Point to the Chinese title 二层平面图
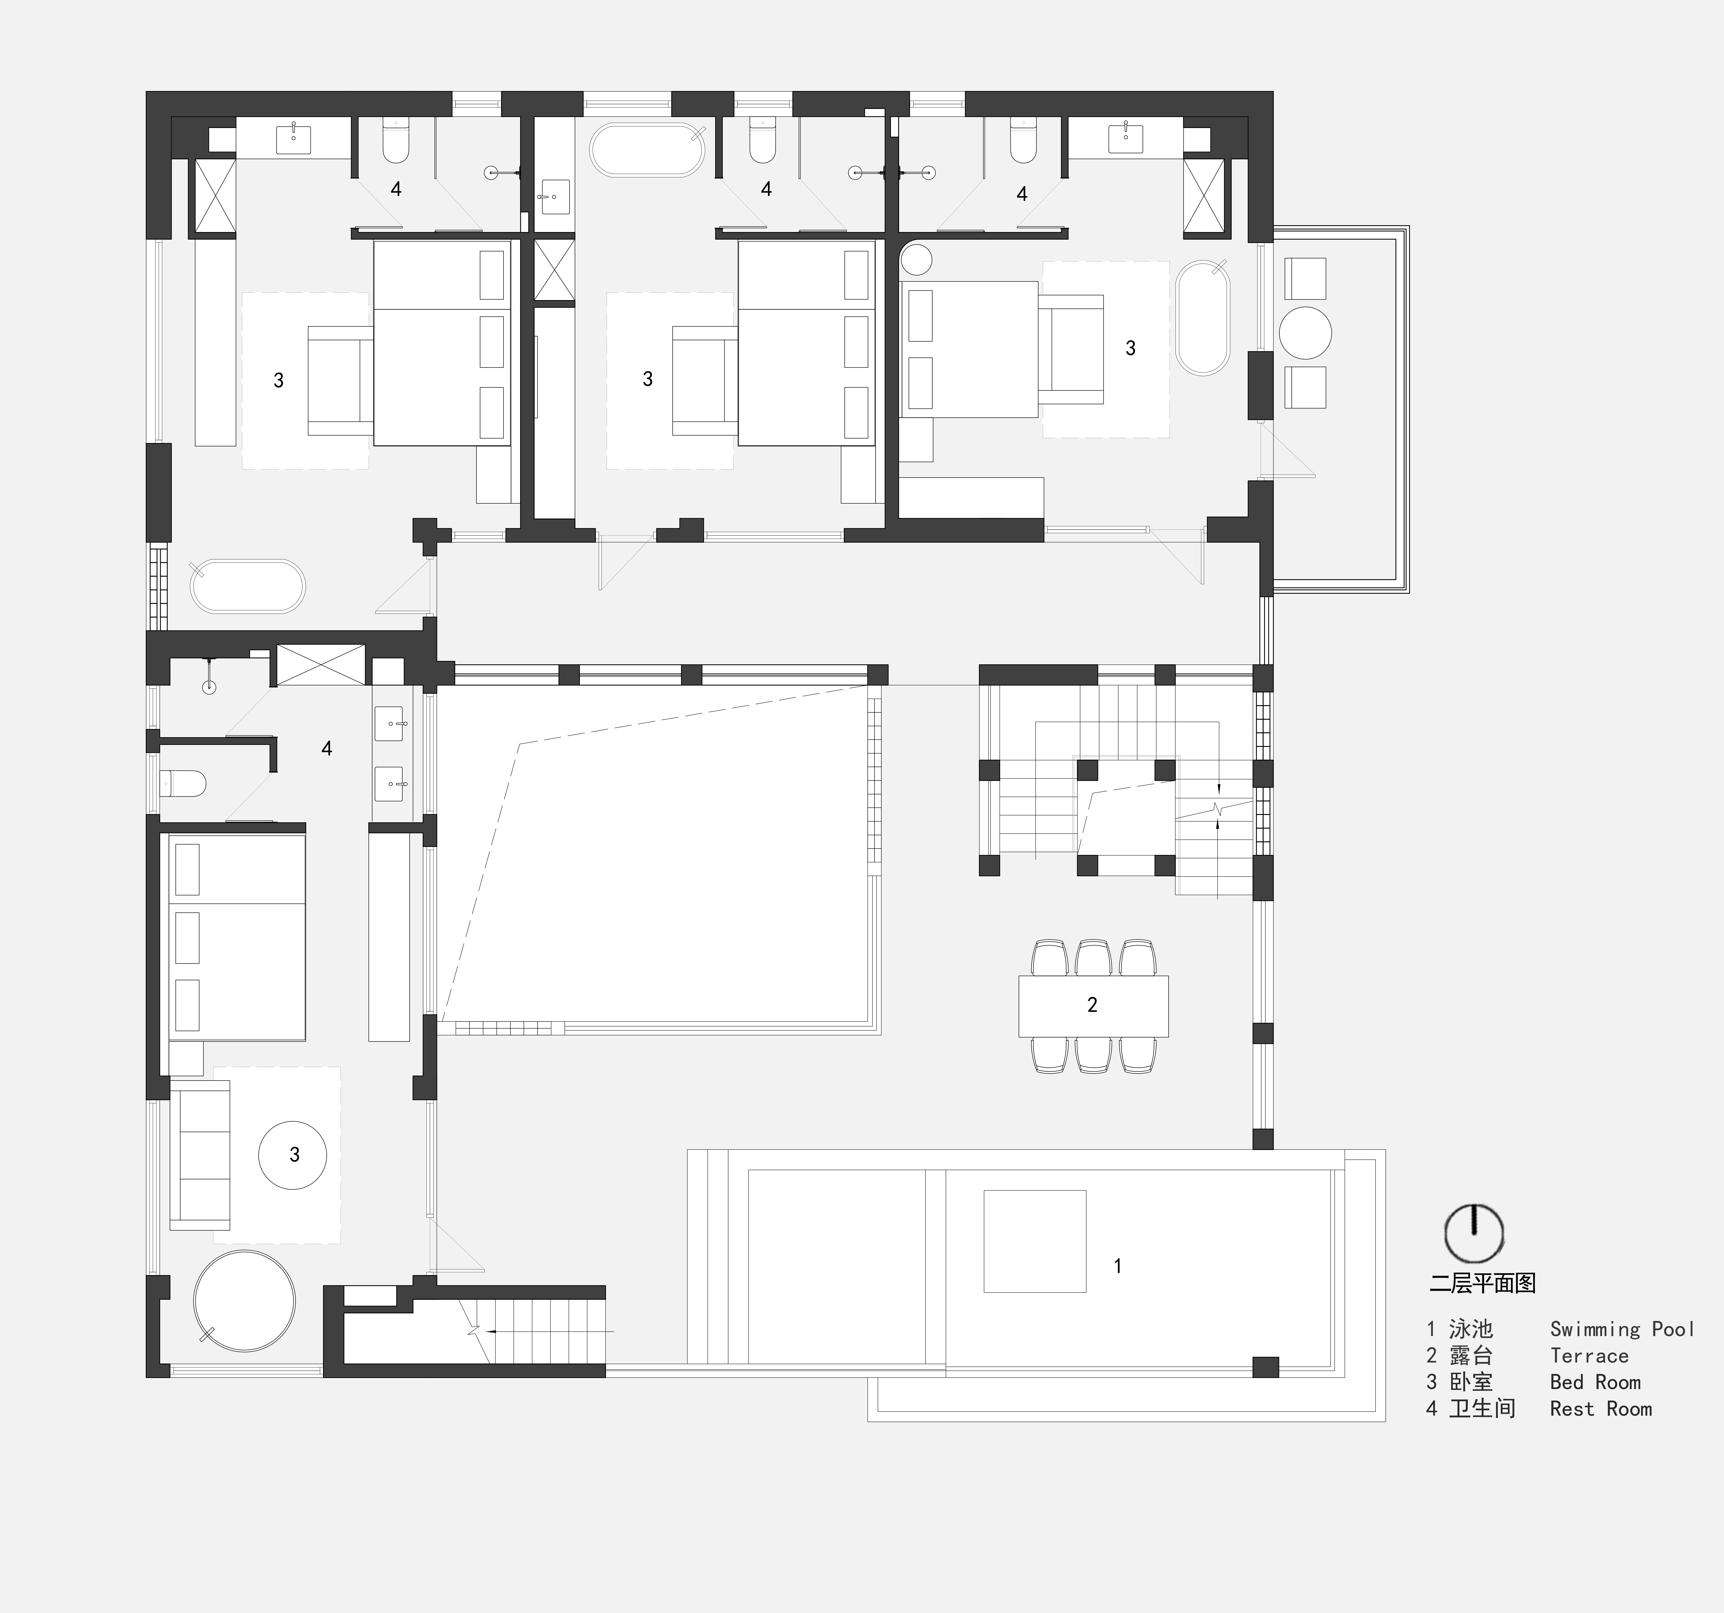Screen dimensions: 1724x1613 pyautogui.click(x=1483, y=1284)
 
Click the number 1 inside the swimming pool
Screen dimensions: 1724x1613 pyautogui.click(x=1118, y=1266)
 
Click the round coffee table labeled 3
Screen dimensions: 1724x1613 pyautogui.click(x=293, y=1154)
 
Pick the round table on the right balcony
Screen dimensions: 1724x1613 pyautogui.click(x=1305, y=333)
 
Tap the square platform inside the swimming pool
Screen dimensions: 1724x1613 pyautogui.click(x=1035, y=1241)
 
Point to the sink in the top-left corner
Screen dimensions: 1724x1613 pyautogui.click(x=293, y=139)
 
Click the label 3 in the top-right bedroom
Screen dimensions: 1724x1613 pyautogui.click(x=1130, y=348)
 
